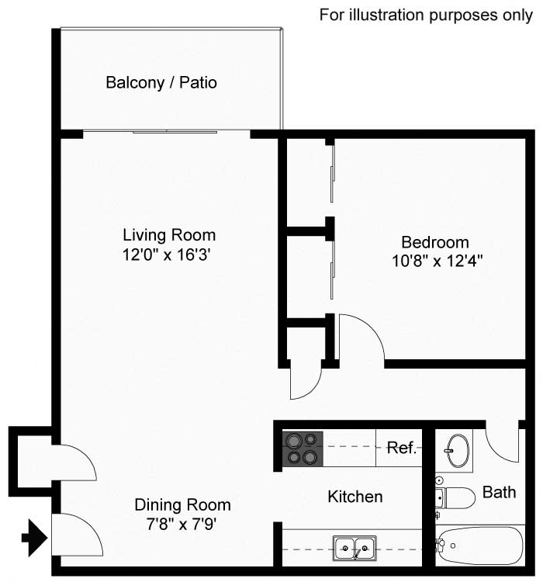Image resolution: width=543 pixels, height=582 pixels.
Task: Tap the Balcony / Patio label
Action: point(161,82)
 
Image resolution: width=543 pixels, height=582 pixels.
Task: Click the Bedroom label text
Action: point(434,242)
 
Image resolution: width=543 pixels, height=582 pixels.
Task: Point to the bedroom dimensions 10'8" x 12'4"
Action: point(438,261)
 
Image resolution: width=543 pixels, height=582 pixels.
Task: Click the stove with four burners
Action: point(302,449)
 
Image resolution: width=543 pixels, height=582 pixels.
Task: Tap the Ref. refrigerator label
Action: point(403,449)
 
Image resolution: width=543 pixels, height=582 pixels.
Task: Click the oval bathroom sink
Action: point(456,449)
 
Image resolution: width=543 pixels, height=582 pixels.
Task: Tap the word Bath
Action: point(499,492)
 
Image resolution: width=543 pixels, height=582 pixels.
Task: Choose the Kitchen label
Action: point(355,497)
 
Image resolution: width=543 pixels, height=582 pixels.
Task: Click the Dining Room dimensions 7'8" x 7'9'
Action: point(182,524)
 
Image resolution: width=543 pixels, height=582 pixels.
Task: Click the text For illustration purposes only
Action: point(426,16)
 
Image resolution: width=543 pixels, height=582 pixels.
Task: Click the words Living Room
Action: point(169,234)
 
